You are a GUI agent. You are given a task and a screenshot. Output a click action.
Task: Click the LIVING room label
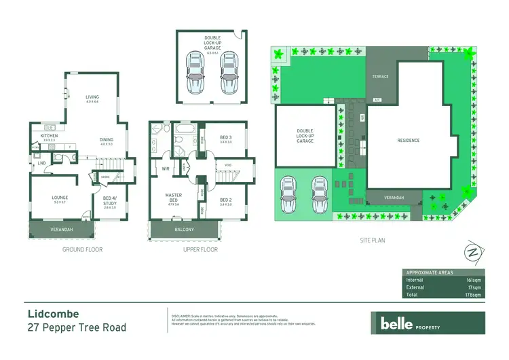click(x=92, y=97)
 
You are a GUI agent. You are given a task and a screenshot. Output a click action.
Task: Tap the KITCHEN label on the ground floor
click(x=49, y=136)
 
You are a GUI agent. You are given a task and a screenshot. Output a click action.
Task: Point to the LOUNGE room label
click(x=59, y=198)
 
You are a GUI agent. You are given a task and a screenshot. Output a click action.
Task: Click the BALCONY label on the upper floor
click(x=183, y=230)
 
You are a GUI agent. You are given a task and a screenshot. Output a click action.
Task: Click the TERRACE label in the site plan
click(x=380, y=77)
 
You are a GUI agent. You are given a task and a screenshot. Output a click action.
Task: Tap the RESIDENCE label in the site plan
click(x=408, y=141)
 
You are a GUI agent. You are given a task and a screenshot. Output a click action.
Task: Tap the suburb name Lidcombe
click(x=53, y=314)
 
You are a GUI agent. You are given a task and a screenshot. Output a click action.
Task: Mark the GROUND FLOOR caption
click(x=83, y=250)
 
